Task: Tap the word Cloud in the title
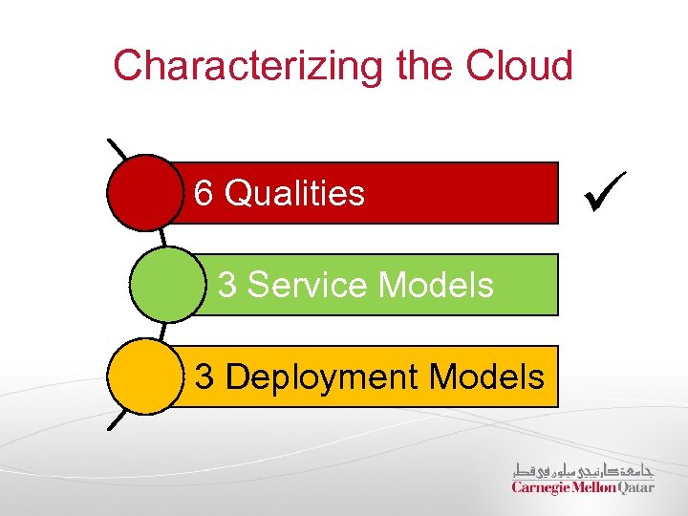pos(519,66)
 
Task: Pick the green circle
pos(166,284)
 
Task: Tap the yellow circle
pos(143,376)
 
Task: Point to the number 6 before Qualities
pos(204,193)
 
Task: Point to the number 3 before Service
pos(228,285)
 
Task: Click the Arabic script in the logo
pos(583,469)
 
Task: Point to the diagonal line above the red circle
pos(118,150)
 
